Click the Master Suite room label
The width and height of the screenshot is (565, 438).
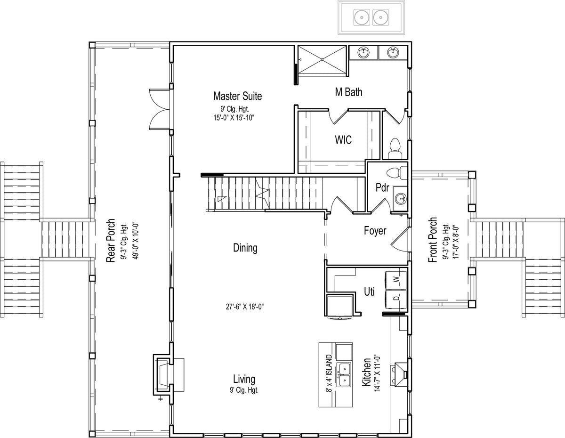pos(237,96)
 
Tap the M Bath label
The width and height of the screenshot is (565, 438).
pos(348,92)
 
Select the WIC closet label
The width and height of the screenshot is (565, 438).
pos(343,140)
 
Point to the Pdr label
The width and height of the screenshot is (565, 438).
pos(382,187)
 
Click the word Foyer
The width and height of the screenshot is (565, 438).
pos(375,231)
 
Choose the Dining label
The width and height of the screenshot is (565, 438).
pos(245,248)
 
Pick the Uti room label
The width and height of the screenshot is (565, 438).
pos(369,292)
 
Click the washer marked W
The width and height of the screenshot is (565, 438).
pos(395,280)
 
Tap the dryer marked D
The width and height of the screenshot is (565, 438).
pos(395,298)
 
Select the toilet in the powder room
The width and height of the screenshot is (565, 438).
pos(397,173)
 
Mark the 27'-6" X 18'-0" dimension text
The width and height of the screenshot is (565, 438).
pos(245,307)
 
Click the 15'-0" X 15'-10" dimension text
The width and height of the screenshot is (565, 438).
pos(234,118)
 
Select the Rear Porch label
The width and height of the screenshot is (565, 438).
pos(111,241)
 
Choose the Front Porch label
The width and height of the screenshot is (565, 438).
pos(433,240)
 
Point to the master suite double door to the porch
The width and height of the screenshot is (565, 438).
pos(160,108)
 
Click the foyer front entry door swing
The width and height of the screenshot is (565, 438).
pos(400,240)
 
